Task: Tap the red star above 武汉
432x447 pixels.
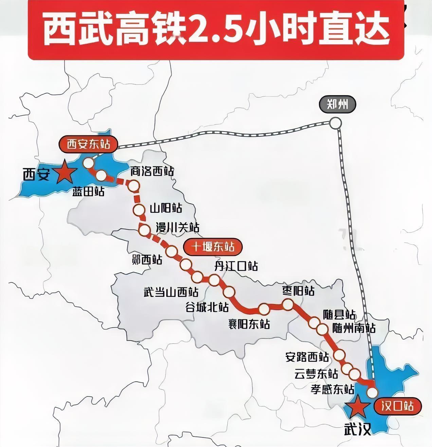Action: tap(356, 407)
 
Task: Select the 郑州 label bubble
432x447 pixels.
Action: tap(337, 105)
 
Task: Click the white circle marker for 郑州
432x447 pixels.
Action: tap(335, 123)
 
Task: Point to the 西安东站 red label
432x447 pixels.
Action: tap(88, 144)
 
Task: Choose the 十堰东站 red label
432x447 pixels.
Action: tap(213, 246)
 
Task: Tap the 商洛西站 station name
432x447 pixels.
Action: tap(152, 172)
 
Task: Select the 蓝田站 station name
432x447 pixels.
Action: tap(88, 192)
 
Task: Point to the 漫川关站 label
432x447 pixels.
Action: tap(177, 227)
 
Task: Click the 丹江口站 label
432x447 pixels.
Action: tap(235, 266)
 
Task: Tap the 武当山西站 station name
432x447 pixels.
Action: tap(170, 292)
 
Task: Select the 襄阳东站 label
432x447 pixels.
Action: tap(249, 324)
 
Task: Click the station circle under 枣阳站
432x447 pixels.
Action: tap(288, 304)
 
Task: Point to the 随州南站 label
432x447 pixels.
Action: tap(354, 328)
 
